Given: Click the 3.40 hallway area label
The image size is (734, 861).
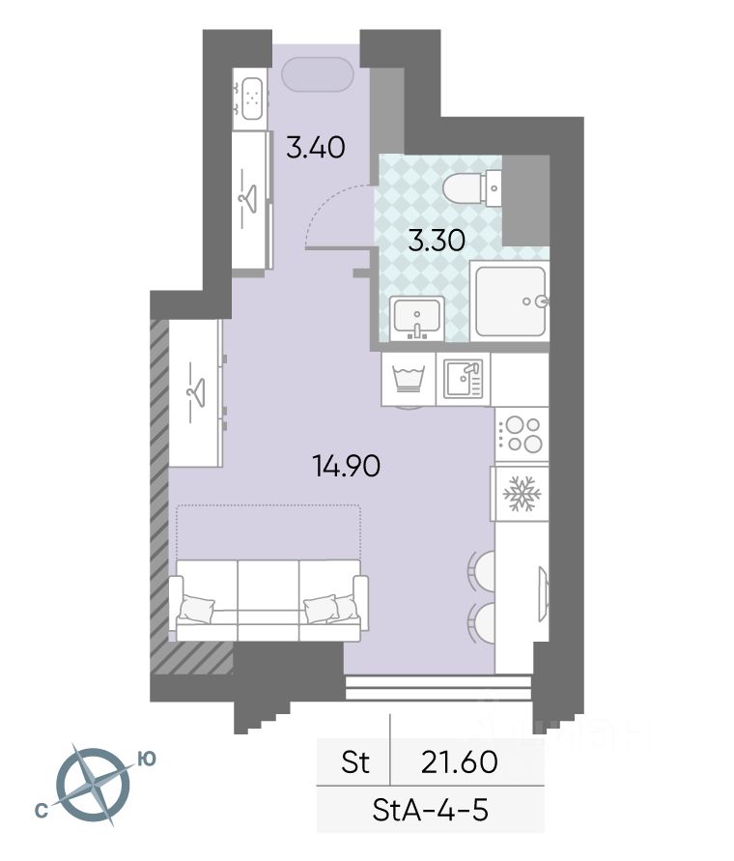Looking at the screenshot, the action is coord(316,147).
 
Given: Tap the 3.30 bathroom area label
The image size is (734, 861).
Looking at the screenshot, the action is coord(437,241).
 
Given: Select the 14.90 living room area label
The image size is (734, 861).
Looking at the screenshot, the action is coord(347,467).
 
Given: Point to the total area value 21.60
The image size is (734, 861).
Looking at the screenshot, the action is coord(460,761).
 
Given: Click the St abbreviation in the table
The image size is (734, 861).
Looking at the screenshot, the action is coord(355,761).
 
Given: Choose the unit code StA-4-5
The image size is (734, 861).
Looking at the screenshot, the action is coord(430,810).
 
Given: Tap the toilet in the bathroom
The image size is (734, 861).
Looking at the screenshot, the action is coord(472,188).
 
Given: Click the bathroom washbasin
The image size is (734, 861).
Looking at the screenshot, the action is coord(417,319).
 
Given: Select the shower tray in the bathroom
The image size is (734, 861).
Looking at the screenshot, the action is coord(510,301).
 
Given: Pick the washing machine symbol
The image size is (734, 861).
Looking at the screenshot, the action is coord(408,379).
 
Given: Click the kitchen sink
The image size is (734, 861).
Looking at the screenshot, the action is coord(463,379).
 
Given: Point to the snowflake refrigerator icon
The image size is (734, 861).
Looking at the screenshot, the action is coord(522,493).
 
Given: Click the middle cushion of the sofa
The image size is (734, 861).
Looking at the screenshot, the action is coord(268,600).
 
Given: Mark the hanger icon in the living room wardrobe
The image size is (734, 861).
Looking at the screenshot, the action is coord(195,391).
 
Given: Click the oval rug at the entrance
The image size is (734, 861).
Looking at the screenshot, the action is coord(318,74).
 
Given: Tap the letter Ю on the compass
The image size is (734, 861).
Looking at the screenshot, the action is coord(147,759).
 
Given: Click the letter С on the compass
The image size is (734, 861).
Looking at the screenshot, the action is coord(41,811).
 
